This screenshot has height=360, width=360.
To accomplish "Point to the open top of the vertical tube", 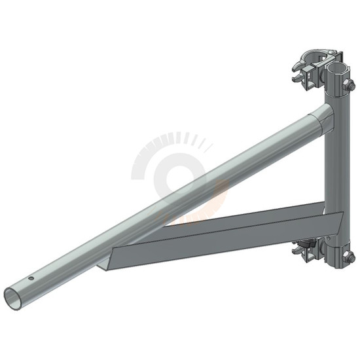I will coord(337,67).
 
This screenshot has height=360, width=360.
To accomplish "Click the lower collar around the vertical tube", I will coord(336,257).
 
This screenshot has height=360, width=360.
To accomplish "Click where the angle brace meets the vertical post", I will coord(331,219).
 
